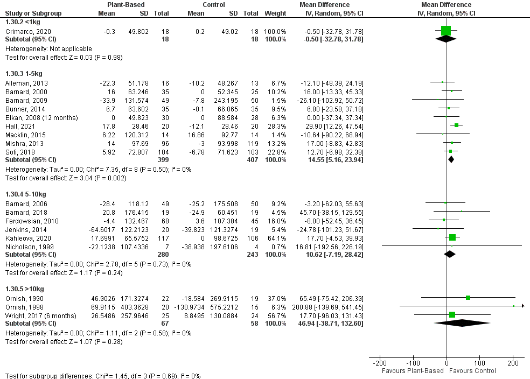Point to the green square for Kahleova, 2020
(x=452, y=237)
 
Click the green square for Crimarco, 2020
(x=446, y=31)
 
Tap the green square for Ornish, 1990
(x=468, y=298)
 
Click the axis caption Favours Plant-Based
(x=413, y=371)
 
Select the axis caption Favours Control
(x=473, y=371)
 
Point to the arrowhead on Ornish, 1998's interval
(x=522, y=306)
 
